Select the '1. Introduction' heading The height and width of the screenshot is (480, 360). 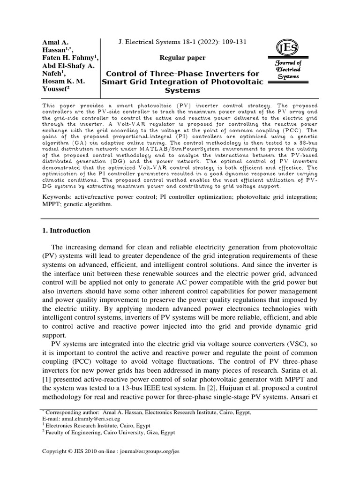(66, 231)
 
